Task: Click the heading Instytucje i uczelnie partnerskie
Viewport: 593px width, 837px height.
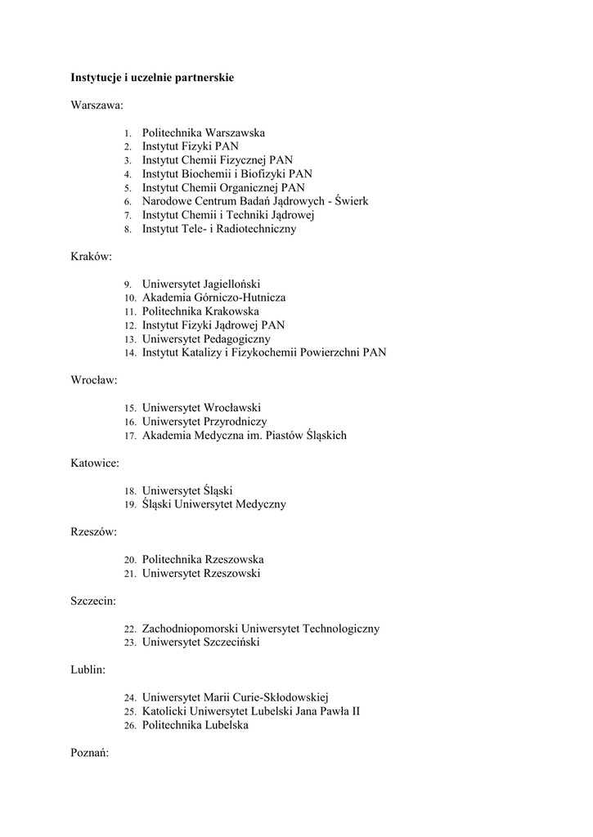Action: coord(152,78)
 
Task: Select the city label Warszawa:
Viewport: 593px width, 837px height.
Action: coord(97,105)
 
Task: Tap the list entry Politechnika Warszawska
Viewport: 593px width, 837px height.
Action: coord(204,132)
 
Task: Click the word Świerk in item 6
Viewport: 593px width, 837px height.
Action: coord(348,201)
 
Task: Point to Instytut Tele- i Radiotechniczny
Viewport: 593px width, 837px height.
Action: coord(219,229)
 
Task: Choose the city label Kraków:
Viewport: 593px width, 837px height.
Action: coord(92,257)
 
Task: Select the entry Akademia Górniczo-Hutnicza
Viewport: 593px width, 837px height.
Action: coord(213,298)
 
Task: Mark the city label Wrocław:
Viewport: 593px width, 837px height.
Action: coord(94,380)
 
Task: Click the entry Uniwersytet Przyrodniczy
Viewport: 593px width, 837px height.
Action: coord(204,422)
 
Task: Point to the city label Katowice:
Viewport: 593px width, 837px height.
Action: coord(95,463)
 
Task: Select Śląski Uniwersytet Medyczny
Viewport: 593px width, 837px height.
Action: coord(214,504)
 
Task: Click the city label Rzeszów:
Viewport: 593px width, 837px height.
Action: coord(93,532)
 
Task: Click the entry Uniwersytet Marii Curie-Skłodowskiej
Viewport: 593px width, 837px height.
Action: coord(235,697)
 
